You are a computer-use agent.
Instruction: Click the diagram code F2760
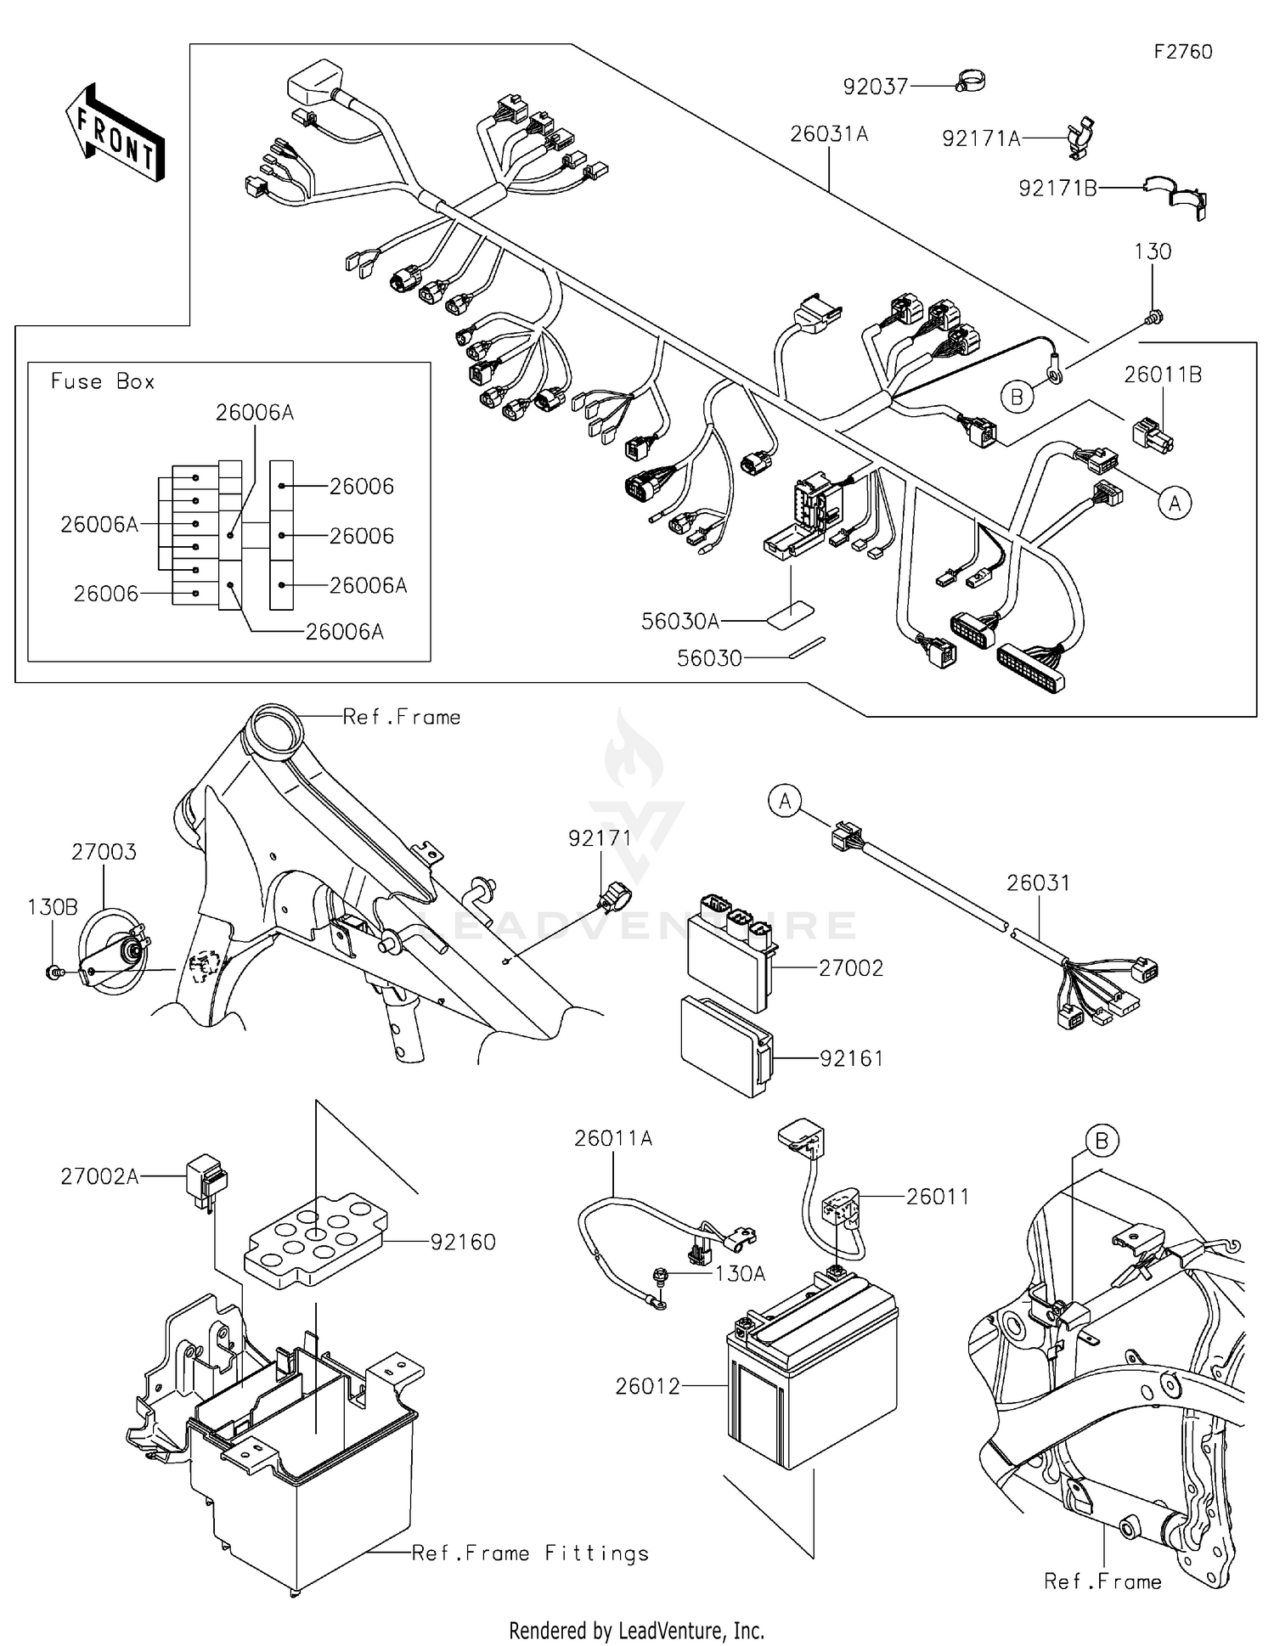(1182, 52)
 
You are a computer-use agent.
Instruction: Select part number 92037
(875, 87)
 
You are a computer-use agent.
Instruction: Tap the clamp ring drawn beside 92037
(968, 82)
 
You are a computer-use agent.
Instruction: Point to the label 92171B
(1057, 189)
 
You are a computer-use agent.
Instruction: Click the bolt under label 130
(1153, 318)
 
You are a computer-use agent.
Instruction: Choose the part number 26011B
(1162, 375)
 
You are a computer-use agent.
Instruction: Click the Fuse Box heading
(103, 381)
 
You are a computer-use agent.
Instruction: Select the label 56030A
(679, 622)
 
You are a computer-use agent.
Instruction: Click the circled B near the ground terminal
(1017, 396)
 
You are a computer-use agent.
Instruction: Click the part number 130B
(53, 907)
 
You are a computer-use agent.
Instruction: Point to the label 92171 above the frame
(600, 837)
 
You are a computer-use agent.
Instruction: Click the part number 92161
(851, 1058)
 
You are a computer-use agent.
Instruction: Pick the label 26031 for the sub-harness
(1038, 882)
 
